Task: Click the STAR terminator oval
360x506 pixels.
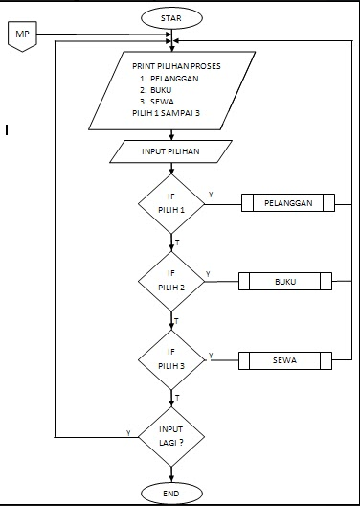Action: click(x=171, y=16)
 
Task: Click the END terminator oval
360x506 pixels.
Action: click(x=171, y=492)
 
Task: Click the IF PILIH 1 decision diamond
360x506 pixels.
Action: click(x=172, y=203)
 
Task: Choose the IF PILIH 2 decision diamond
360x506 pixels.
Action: click(x=172, y=282)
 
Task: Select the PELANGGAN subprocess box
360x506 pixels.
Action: click(x=287, y=203)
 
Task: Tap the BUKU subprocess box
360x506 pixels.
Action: click(x=285, y=282)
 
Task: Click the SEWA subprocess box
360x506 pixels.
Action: click(x=285, y=360)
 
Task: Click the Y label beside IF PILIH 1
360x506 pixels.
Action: click(x=211, y=195)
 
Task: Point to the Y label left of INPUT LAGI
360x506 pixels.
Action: click(x=128, y=433)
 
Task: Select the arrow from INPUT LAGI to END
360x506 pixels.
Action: click(x=172, y=470)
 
